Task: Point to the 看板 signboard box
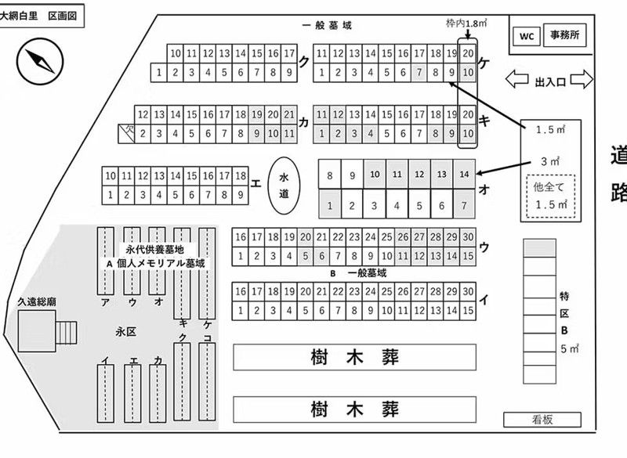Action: [542, 420]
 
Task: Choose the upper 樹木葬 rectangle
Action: [354, 359]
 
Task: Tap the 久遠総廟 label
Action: [26, 301]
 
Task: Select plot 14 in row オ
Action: [466, 174]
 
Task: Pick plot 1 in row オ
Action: [331, 206]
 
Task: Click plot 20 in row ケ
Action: [467, 54]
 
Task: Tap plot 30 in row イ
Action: [469, 291]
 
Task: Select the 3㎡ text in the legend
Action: [549, 161]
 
